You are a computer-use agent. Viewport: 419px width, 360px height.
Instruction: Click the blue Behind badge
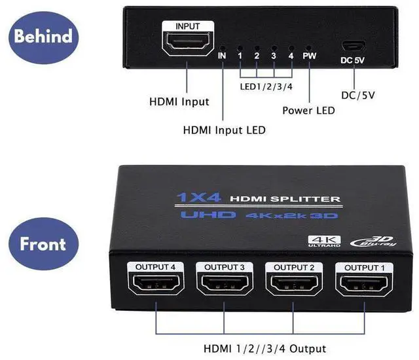43,35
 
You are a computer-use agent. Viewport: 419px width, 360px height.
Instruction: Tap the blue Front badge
43,243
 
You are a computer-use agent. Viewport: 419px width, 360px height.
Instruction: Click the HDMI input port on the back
187,45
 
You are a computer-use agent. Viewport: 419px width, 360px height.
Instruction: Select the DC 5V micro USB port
355,46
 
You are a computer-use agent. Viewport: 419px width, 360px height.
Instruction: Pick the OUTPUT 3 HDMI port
223,285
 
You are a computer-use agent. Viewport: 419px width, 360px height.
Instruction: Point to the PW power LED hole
308,48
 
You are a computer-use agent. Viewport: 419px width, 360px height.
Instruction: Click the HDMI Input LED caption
225,130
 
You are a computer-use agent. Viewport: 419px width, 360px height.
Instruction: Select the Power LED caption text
308,110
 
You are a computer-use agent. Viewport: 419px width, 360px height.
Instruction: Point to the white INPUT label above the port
187,26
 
